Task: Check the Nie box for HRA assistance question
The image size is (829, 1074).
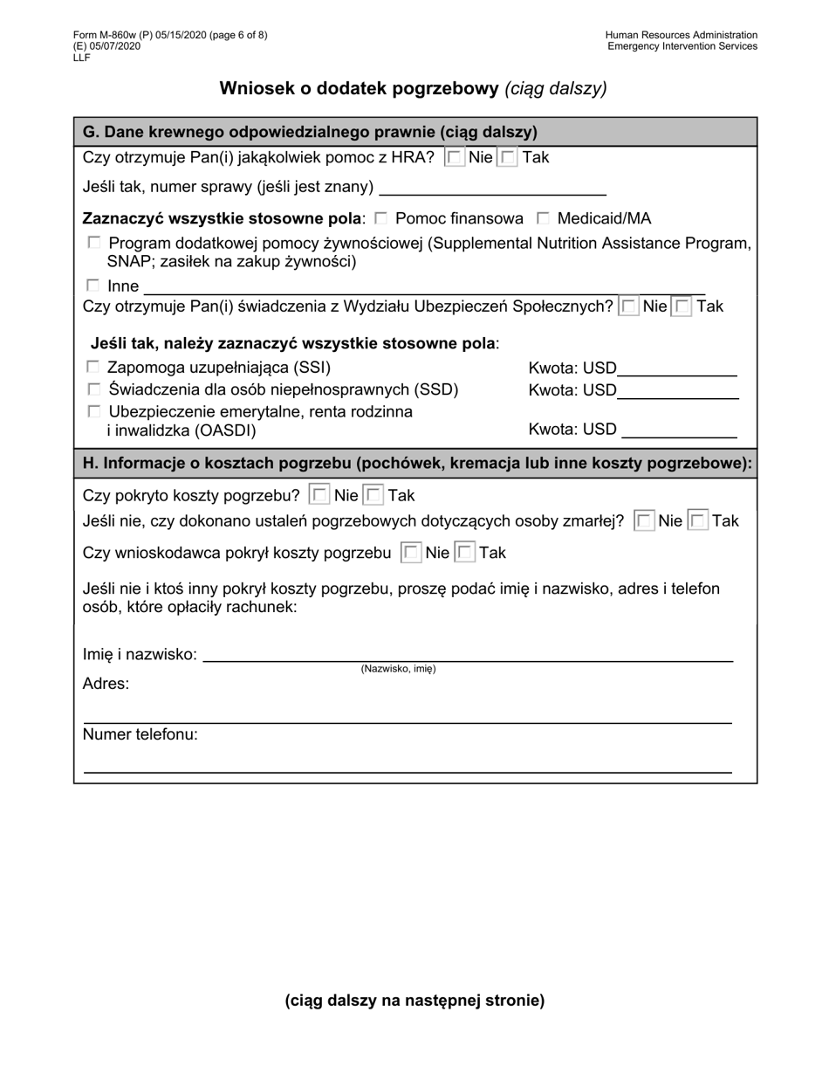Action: pos(455,158)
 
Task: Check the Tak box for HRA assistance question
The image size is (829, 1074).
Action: pos(508,158)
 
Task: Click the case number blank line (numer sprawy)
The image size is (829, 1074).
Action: pos(493,187)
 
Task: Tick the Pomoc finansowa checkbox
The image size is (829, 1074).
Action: pos(380,218)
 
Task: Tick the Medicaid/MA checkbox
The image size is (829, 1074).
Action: pos(543,218)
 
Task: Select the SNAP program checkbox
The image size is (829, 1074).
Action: pos(94,243)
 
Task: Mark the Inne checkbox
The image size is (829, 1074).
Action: pos(93,286)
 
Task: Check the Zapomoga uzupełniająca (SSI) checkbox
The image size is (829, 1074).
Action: pos(93,368)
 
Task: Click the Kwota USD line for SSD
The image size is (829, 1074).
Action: pos(677,390)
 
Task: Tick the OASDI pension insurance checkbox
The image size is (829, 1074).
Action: pos(93,411)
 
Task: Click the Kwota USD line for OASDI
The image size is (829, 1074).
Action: pos(678,430)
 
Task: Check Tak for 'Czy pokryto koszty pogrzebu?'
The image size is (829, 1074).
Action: pos(373,495)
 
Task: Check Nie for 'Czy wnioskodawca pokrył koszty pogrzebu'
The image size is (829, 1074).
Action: pos(411,553)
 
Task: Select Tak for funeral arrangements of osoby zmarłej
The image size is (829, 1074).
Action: pos(698,521)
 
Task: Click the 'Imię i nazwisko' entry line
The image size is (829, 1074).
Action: pos(467,654)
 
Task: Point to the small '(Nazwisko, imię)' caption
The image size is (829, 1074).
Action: pos(398,669)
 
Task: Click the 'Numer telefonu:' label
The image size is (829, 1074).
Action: pos(140,734)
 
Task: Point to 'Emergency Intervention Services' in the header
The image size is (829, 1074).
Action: pos(682,46)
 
